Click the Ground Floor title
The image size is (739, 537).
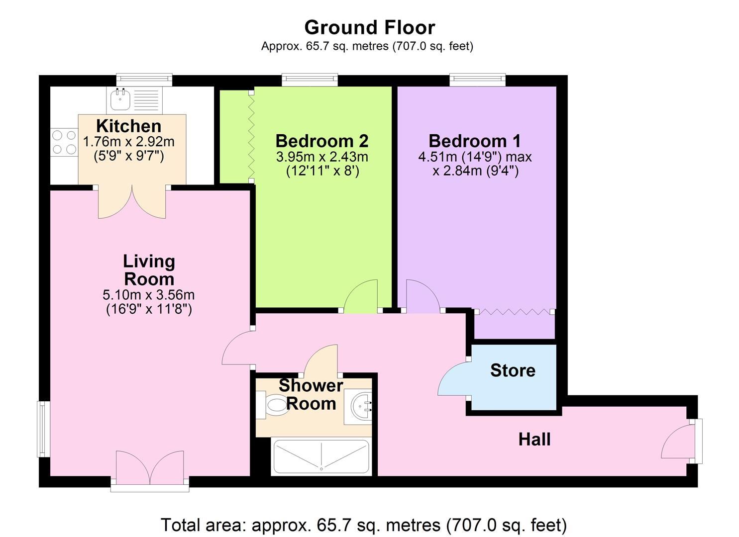369,28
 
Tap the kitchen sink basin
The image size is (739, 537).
120,99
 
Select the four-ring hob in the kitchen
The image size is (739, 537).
64,142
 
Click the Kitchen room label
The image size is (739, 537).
129,126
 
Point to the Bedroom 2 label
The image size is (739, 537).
322,141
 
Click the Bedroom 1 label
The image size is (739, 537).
475,141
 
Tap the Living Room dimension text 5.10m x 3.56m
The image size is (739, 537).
148,295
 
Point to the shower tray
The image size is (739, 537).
321,457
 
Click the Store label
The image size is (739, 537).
513,370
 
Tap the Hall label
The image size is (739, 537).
534,440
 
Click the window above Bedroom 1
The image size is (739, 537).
477,80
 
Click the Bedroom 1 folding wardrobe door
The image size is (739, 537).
515,311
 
